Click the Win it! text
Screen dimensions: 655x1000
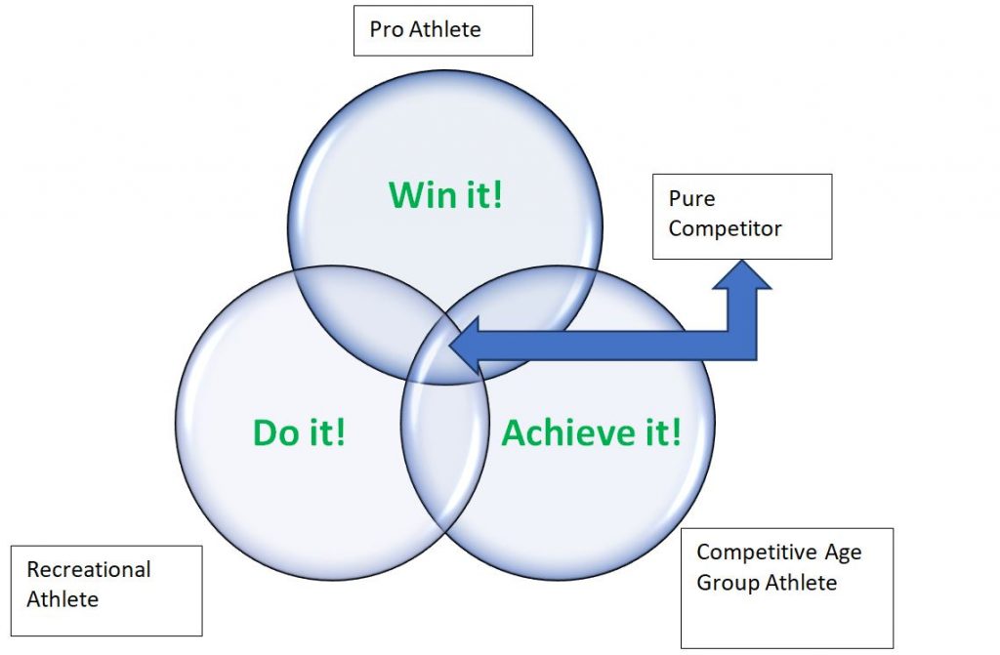(x=446, y=194)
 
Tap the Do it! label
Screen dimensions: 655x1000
(x=299, y=431)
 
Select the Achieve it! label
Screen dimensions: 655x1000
(x=591, y=431)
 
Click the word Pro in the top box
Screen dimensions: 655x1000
(x=387, y=29)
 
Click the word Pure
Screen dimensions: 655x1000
(x=691, y=199)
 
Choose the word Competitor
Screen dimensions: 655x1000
(x=725, y=229)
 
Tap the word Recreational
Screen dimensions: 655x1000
(x=89, y=569)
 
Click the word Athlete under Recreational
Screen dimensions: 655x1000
(x=62, y=599)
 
